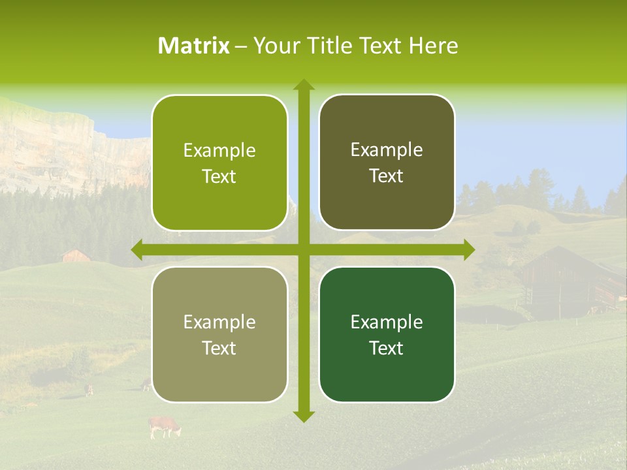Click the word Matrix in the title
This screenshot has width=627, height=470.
click(x=194, y=46)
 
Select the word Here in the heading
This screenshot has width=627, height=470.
click(x=434, y=46)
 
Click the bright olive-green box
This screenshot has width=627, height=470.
click(x=219, y=163)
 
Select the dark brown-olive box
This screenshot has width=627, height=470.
click(x=387, y=163)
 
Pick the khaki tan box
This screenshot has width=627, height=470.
click(x=219, y=335)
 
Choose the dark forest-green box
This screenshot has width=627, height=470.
click(x=387, y=334)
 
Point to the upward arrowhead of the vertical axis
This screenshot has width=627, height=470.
click(x=303, y=85)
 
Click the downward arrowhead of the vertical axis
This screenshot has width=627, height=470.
click(x=303, y=416)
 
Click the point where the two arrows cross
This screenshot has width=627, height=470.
click(x=303, y=250)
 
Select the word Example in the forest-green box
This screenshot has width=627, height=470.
click(x=387, y=322)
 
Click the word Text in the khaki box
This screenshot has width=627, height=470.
click(x=219, y=348)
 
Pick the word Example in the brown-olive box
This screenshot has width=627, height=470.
click(x=387, y=149)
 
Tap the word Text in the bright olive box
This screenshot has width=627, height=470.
click(x=219, y=176)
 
